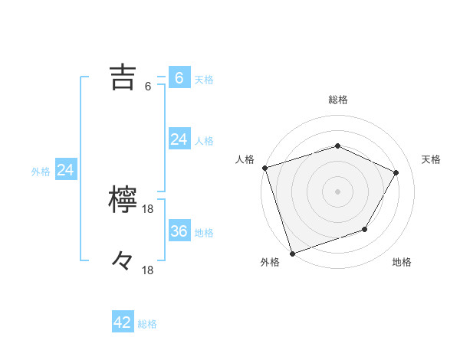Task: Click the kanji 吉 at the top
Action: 123,77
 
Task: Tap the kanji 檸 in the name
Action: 123,200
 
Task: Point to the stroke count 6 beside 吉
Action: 148,87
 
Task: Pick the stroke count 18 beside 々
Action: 149,270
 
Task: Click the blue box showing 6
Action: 179,78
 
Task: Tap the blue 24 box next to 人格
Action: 179,139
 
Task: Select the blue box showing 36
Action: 179,231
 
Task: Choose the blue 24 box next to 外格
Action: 66,170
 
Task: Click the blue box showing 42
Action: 123,322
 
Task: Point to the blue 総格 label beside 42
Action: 147,324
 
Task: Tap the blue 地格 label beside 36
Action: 204,233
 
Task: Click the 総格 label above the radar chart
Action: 337,100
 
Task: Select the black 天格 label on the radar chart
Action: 431,159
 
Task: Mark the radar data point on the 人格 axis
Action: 264,168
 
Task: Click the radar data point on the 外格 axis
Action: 293,252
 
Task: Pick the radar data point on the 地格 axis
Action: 365,229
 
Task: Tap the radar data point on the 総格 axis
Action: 337,146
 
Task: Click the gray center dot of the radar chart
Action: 337,191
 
